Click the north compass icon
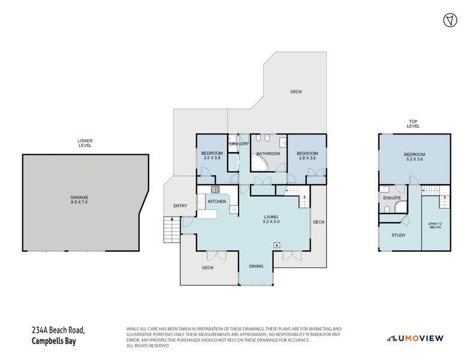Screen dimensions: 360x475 point(447,20)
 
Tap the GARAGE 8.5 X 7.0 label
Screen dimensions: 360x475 point(79,200)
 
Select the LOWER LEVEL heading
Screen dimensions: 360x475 point(85,143)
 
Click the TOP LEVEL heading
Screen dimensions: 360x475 point(414,124)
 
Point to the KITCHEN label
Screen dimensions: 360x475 point(217,202)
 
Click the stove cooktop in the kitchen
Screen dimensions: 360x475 point(213,190)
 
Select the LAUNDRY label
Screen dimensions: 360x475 point(239,145)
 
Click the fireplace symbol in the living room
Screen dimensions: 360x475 point(276,244)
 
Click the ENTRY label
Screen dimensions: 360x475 point(180,206)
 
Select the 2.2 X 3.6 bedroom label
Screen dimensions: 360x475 point(211,156)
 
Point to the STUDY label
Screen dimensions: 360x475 point(398,235)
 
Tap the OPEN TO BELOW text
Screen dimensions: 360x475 point(435,226)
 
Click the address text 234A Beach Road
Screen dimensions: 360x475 point(58,331)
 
